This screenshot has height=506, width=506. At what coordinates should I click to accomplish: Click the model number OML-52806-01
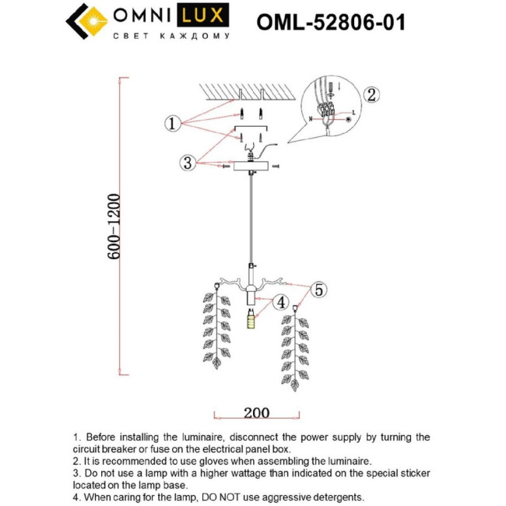tap(331, 21)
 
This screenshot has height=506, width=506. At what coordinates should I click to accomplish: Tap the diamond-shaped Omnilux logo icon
tap(85, 22)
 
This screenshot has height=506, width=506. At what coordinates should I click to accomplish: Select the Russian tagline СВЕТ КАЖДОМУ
tap(171, 37)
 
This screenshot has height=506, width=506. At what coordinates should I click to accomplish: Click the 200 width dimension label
tap(256, 412)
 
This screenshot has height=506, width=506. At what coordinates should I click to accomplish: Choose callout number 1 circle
tap(172, 123)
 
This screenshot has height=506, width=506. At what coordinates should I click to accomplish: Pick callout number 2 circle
tap(371, 95)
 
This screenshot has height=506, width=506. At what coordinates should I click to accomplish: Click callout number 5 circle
tap(318, 290)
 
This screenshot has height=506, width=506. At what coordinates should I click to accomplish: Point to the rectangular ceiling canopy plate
tap(251, 167)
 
